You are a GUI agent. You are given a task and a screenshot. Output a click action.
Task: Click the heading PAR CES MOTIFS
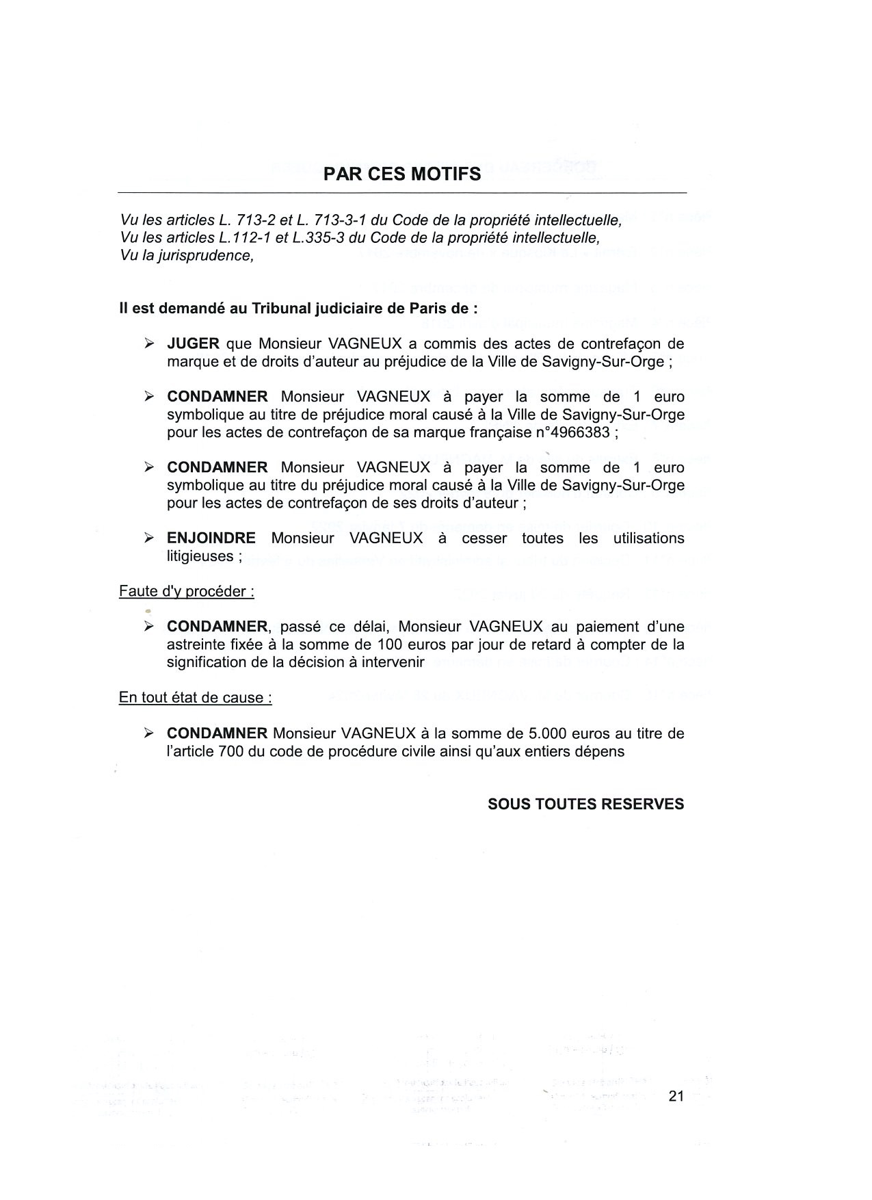coord(402,174)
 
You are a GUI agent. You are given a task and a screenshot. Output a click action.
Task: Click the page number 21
coord(676,1096)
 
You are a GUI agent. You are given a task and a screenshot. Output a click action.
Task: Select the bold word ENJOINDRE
coord(211,538)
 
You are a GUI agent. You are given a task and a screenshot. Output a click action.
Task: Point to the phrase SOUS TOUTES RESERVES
coord(585,805)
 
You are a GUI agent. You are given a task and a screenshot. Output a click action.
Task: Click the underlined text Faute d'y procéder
coord(186,592)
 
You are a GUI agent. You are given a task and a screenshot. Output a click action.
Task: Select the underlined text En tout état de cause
coord(195,698)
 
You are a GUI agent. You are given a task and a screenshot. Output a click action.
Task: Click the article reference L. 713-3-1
coord(332,220)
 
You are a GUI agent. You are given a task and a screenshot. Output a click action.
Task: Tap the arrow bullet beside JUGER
coord(149,343)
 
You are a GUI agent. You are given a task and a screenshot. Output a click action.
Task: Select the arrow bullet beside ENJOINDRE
coord(149,538)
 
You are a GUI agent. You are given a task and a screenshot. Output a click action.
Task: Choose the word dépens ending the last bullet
coord(600,751)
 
